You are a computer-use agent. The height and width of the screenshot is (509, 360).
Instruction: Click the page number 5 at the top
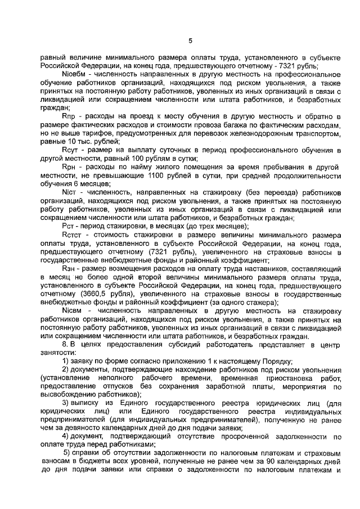190,40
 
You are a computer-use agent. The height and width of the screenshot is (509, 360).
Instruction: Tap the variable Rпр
70,115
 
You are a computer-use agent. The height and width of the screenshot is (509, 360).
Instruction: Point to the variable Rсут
71,150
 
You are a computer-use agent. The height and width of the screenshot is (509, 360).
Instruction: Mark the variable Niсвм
73,310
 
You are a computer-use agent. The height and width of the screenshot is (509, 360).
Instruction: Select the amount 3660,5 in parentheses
77,294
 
